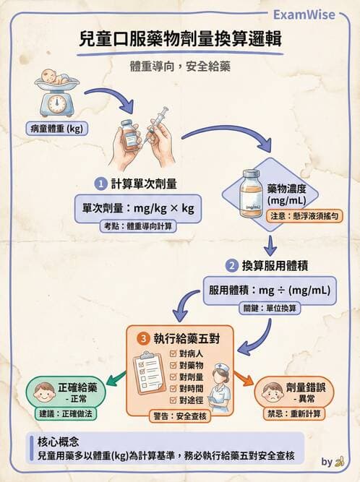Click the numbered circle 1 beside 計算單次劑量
click(103, 183)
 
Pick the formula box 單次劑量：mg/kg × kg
click(137, 208)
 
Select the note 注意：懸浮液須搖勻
click(303, 216)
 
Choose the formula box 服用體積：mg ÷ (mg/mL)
click(269, 290)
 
